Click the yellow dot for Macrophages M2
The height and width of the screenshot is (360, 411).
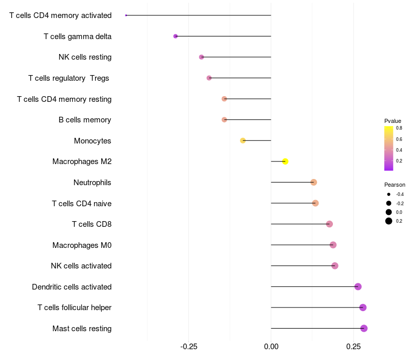(285, 161)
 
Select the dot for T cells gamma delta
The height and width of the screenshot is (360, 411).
(176, 37)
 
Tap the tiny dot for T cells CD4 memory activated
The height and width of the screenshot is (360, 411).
(126, 15)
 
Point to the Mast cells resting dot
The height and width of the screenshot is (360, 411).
(364, 328)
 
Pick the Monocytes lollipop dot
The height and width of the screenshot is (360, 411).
(243, 140)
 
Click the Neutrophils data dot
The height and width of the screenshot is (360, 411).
(313, 182)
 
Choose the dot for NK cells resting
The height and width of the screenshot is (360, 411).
(201, 57)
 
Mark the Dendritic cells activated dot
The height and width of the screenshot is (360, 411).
(358, 286)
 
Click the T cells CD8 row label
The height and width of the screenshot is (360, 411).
(91, 224)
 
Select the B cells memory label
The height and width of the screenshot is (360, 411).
(85, 120)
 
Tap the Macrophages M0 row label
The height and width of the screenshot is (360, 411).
(82, 245)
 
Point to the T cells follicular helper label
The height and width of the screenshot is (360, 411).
(74, 308)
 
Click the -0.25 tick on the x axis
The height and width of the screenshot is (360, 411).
(189, 347)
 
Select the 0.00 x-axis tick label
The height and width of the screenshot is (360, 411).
(271, 347)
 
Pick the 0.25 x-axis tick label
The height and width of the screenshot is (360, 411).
(353, 347)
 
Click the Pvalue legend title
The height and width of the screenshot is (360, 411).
(393, 121)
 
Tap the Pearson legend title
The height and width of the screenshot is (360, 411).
(395, 185)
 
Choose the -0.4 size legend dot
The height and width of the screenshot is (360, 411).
(389, 194)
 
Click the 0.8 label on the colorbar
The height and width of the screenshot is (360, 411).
(399, 128)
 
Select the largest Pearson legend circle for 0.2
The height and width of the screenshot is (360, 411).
(389, 221)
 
